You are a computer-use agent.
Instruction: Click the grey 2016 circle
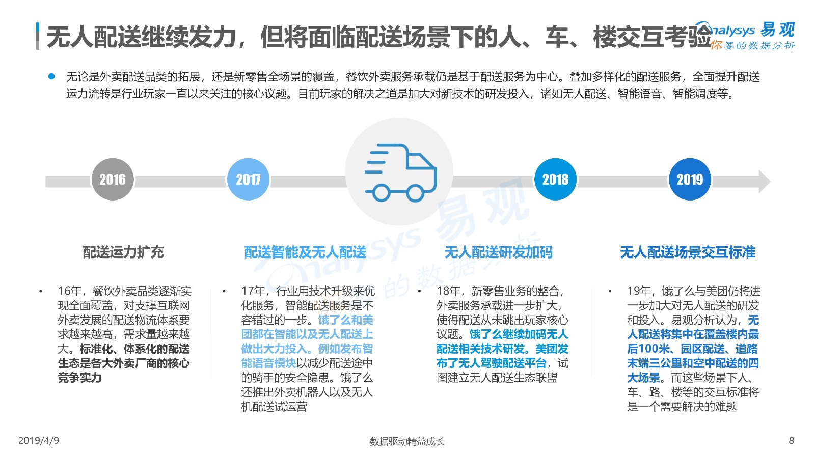pos(113,179)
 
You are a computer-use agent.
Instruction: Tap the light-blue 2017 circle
pos(248,179)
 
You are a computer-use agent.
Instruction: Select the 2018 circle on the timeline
pos(555,179)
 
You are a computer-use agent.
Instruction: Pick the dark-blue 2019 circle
pos(690,179)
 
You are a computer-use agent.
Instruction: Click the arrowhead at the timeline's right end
pos(764,181)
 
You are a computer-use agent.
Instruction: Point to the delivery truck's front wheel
pos(415,193)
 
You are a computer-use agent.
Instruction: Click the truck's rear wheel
pos(382,193)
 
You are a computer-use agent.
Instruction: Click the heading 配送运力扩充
pos(123,252)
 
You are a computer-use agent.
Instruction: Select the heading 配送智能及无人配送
pos(305,252)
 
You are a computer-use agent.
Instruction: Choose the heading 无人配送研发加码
pos(499,252)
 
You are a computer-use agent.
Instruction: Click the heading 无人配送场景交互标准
pos(688,252)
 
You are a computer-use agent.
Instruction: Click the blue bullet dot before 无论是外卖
pos(51,76)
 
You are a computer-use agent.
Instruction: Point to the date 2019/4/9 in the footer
pos(39,441)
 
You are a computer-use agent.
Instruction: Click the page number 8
pos(792,441)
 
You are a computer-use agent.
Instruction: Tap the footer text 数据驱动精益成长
pos(407,441)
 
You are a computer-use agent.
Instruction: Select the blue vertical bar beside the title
pos(38,36)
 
